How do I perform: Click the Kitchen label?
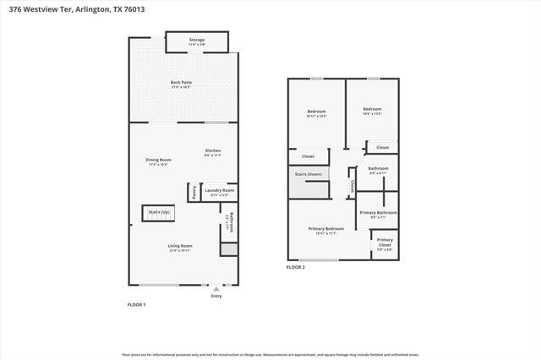[x=213, y=152]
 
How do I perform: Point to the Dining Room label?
[x=159, y=161]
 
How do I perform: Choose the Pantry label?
[x=194, y=194]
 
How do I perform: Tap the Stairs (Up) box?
[x=159, y=212]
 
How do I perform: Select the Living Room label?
[x=180, y=248]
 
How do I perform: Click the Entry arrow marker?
[x=216, y=289]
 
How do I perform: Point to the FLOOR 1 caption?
[x=136, y=304]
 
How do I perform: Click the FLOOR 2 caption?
[x=295, y=267]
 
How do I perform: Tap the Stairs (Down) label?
[x=308, y=175]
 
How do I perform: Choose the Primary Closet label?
[x=385, y=242]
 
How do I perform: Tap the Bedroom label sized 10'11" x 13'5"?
[x=316, y=112]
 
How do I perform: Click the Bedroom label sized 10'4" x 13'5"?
[x=372, y=111]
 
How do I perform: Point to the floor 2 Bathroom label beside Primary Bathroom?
[x=378, y=170]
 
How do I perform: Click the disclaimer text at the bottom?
[x=270, y=354]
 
